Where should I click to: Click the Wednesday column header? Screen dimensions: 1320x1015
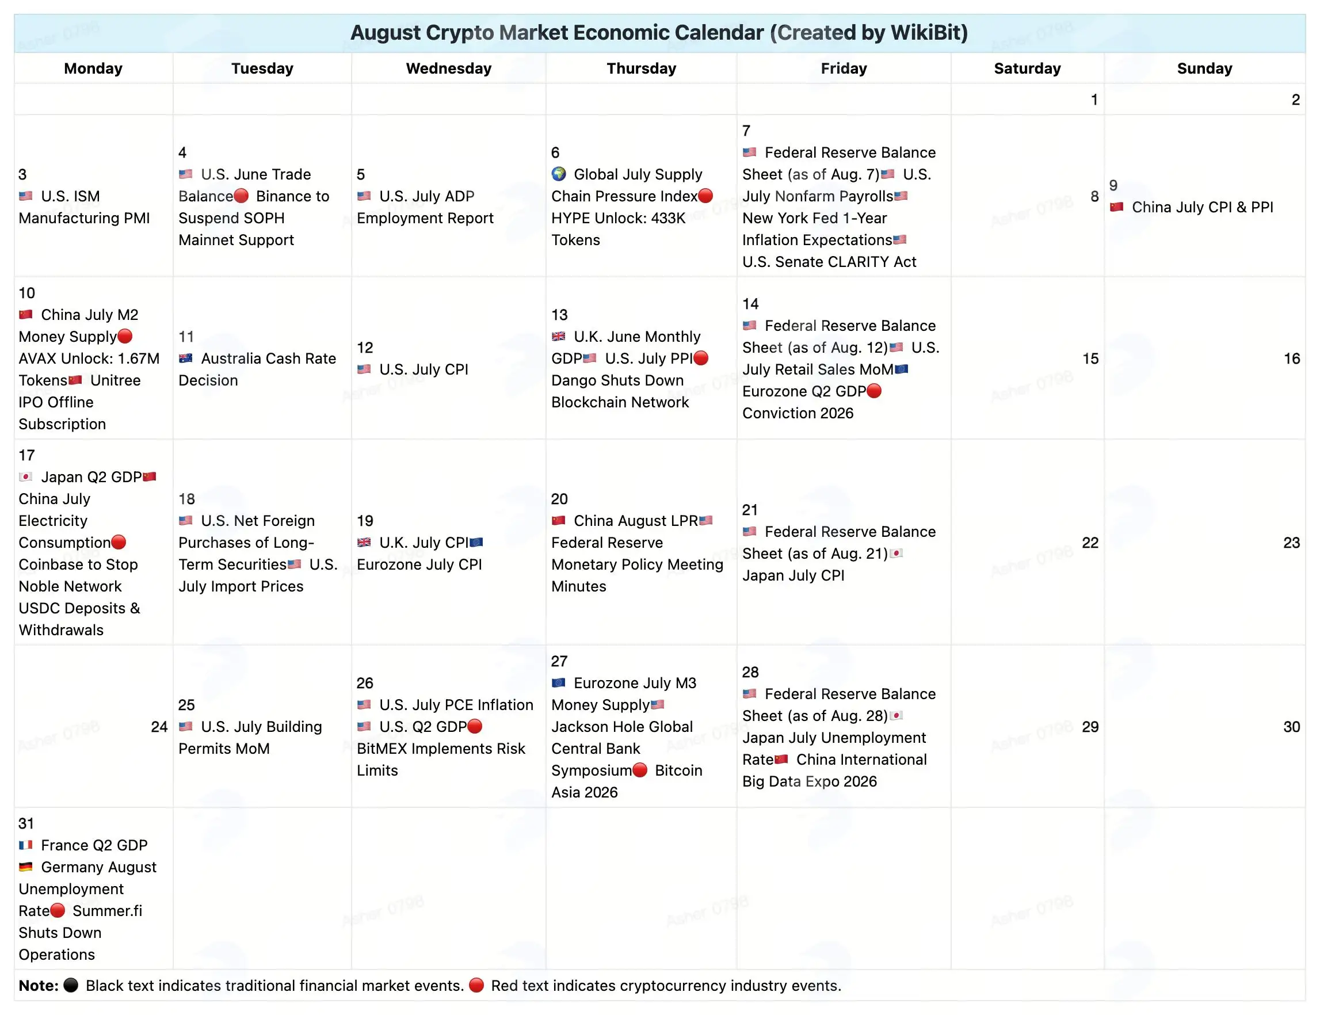click(x=448, y=68)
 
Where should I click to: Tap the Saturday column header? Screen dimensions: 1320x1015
click(x=1027, y=68)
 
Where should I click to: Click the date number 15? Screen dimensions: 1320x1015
click(x=1090, y=358)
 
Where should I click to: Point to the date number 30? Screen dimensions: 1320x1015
click(x=1292, y=726)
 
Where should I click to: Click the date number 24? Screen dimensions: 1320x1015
click(x=159, y=726)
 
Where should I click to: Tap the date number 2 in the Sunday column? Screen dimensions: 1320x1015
click(x=1295, y=100)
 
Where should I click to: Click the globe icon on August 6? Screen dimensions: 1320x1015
click(x=559, y=174)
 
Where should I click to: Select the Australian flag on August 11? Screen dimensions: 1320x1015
click(x=185, y=358)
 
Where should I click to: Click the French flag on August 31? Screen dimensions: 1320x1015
click(x=25, y=845)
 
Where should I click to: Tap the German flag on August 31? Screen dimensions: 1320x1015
click(x=25, y=867)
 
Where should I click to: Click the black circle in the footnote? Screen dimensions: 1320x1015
click(x=71, y=986)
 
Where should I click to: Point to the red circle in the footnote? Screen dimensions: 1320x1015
click(x=476, y=986)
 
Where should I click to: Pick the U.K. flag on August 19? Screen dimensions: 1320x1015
click(x=364, y=543)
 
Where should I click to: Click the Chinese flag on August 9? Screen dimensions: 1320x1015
click(x=1116, y=207)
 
